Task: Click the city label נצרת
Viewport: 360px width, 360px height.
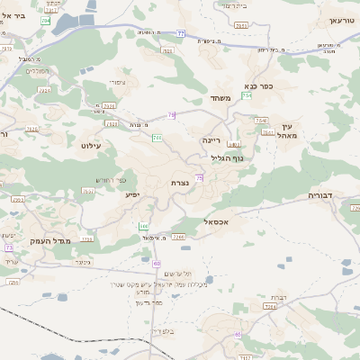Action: point(180,183)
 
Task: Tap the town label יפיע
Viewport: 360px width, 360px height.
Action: point(131,193)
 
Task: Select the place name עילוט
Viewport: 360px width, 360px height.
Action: point(93,144)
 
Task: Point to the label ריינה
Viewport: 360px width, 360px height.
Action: point(211,140)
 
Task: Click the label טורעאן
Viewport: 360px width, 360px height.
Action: point(342,20)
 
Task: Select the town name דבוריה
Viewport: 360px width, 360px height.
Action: point(320,193)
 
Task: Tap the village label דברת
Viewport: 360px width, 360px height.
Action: point(278,296)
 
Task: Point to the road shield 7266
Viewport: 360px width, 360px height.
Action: point(179,237)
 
